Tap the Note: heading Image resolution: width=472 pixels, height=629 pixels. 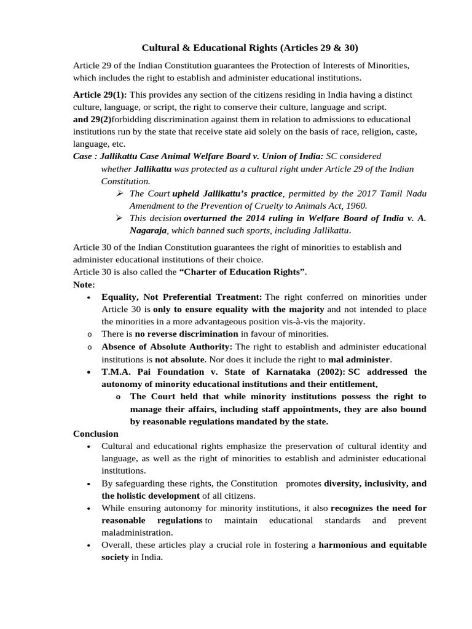click(84, 284)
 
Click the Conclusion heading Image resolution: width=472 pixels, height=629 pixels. click(96, 434)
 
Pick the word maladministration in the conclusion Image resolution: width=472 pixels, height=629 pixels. click(138, 533)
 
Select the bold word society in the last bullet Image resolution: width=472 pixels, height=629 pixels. click(115, 557)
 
